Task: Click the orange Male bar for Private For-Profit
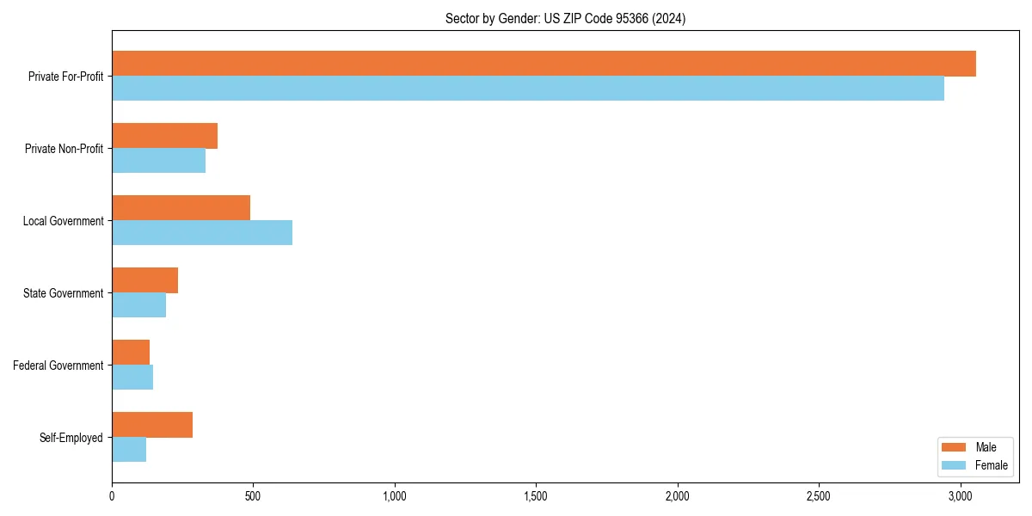tap(544, 64)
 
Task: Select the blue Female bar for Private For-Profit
tap(528, 89)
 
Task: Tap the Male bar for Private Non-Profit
tap(164, 136)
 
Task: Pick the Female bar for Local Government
tap(202, 233)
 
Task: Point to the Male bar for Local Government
tap(181, 208)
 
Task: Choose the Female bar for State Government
tap(138, 305)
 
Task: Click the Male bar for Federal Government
tap(131, 353)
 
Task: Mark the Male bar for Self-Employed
tap(152, 425)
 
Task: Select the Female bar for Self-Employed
tap(129, 450)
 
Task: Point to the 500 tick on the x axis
tap(253, 496)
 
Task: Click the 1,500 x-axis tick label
tap(536, 496)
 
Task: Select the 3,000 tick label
tap(960, 496)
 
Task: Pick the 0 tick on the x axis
tap(112, 496)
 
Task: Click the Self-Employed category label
tap(71, 438)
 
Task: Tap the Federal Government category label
tap(58, 365)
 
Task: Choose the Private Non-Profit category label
tap(64, 149)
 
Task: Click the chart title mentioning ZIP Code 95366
tap(565, 18)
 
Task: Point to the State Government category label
tap(63, 293)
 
